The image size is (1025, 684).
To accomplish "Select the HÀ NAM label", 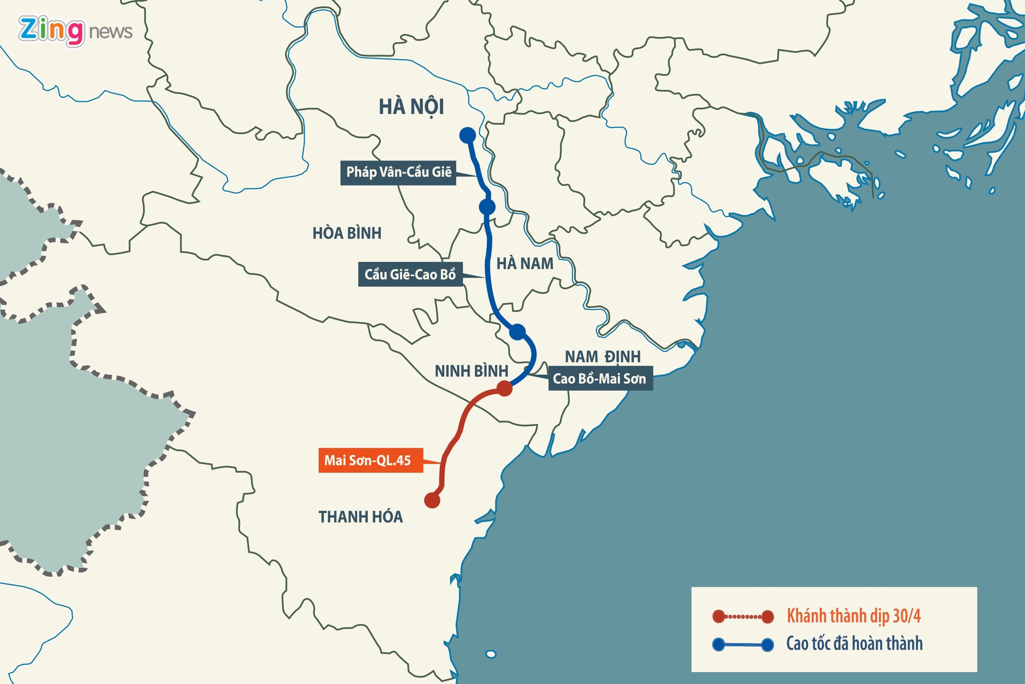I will [525, 264].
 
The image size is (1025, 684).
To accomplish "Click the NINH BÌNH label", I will [472, 371].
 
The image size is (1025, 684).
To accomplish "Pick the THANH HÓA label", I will [361, 517].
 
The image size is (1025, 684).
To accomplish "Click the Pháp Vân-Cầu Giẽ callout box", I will [398, 172].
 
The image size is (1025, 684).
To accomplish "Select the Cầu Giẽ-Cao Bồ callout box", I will [410, 274].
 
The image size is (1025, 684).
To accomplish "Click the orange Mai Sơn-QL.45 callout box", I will [370, 460].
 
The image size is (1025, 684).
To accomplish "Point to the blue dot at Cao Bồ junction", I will [517, 332].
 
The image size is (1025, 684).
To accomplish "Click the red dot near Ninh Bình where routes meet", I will [504, 388].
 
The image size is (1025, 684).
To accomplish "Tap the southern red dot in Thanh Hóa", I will [432, 500].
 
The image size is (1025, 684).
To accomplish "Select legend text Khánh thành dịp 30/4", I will [854, 616].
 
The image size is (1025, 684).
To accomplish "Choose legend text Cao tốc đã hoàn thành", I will [854, 643].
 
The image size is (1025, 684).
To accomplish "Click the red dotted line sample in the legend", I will [743, 616].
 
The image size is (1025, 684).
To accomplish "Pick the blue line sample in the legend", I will [743, 644].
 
